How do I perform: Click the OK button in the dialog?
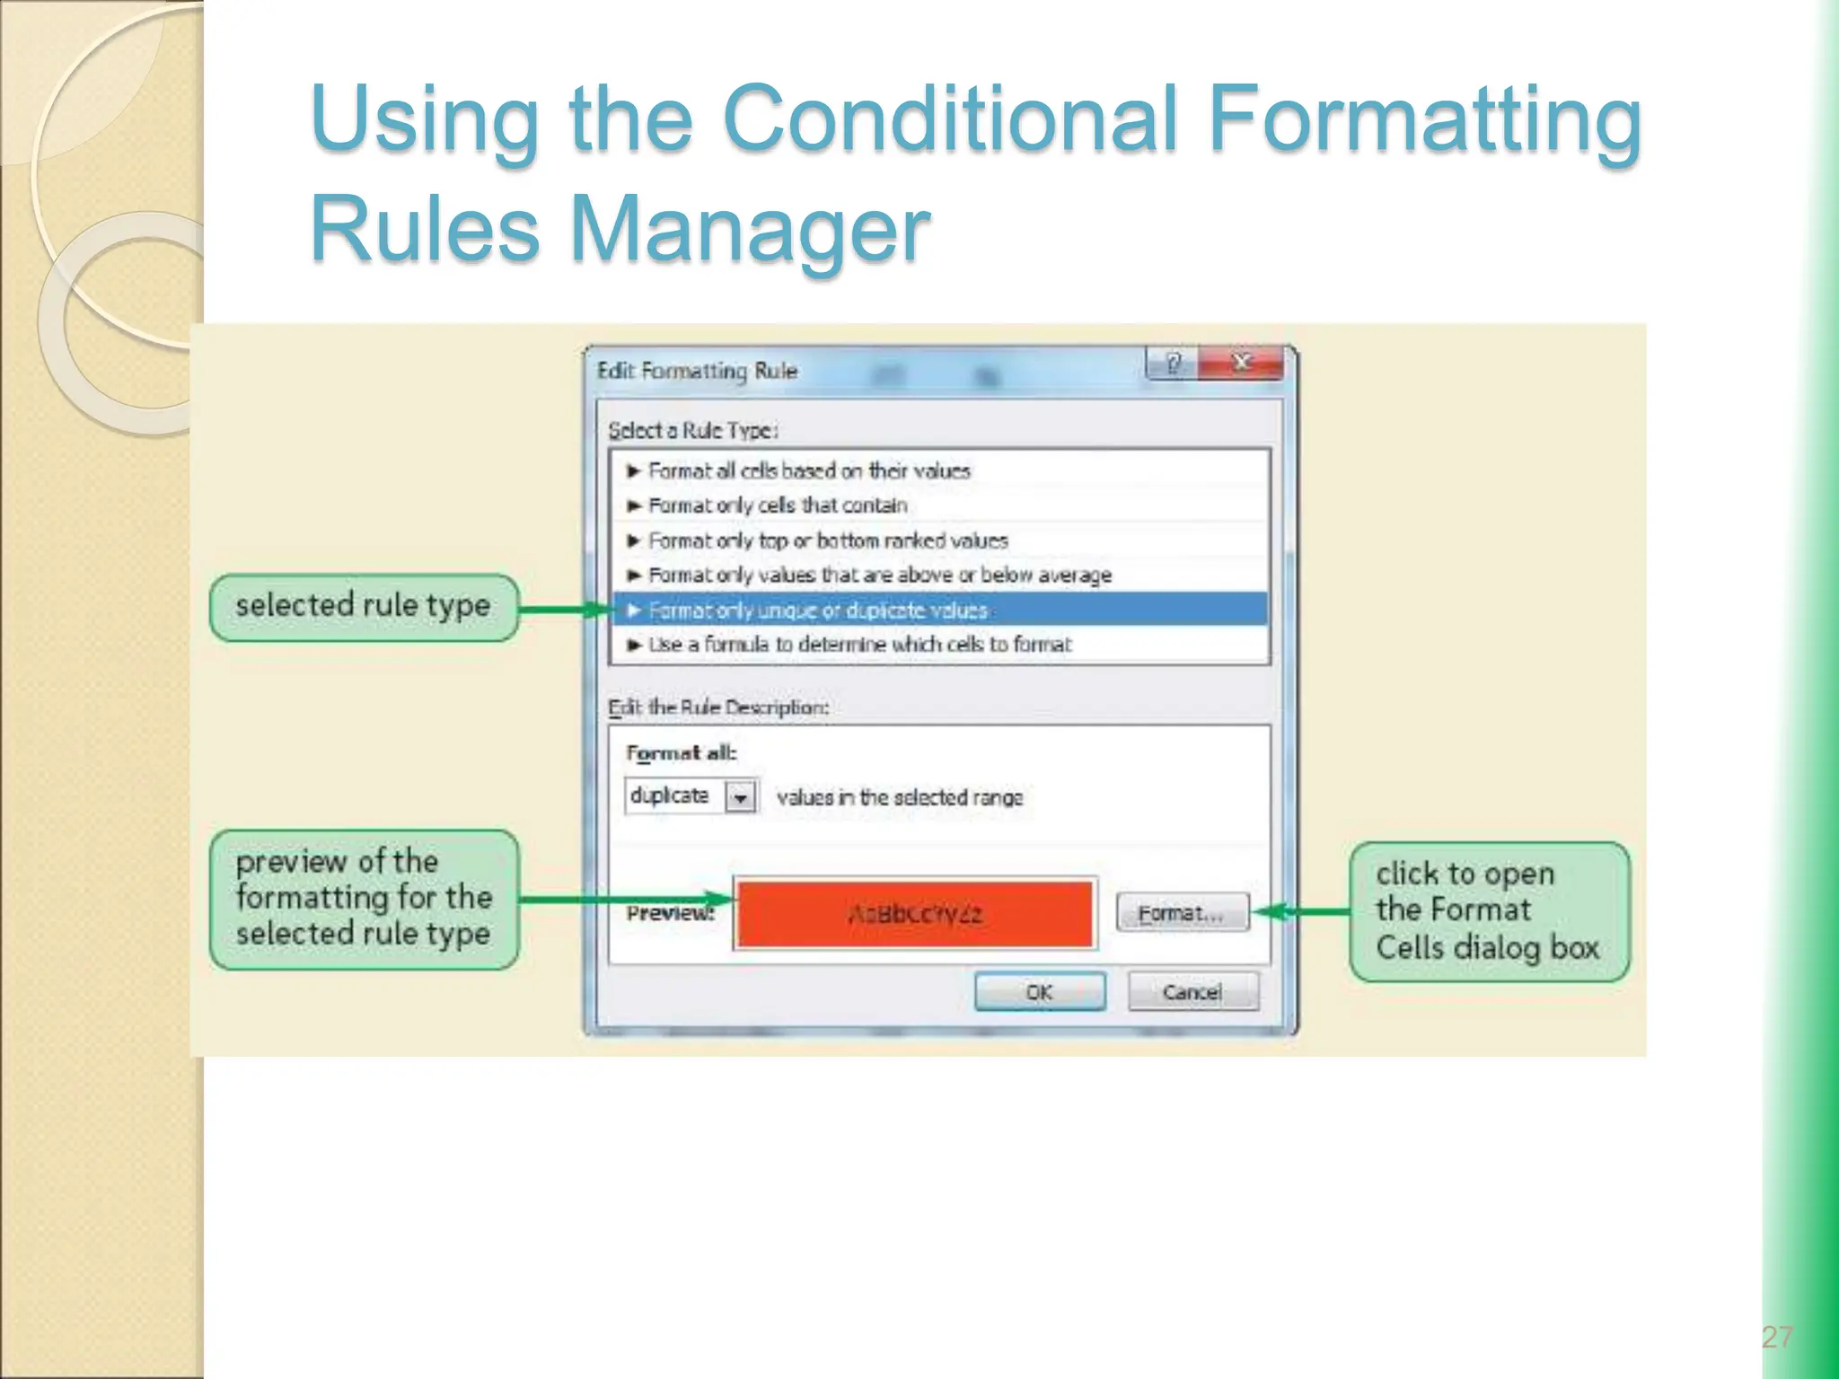click(1040, 992)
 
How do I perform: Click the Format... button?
click(1182, 913)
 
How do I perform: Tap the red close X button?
click(1242, 363)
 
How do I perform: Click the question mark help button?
click(1172, 364)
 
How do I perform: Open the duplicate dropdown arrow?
click(741, 796)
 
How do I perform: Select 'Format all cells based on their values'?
click(809, 470)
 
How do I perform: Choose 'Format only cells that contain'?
click(778, 505)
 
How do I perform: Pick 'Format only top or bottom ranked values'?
click(828, 540)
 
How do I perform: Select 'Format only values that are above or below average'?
click(880, 575)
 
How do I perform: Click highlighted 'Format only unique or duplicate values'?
click(817, 610)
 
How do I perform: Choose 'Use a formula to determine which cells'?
click(859, 645)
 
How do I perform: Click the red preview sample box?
click(914, 914)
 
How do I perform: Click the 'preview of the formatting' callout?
click(364, 899)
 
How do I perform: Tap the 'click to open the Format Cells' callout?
click(1489, 910)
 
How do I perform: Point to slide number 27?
click(1776, 1337)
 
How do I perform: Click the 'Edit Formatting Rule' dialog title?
click(698, 371)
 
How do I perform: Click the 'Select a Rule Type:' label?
click(692, 430)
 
